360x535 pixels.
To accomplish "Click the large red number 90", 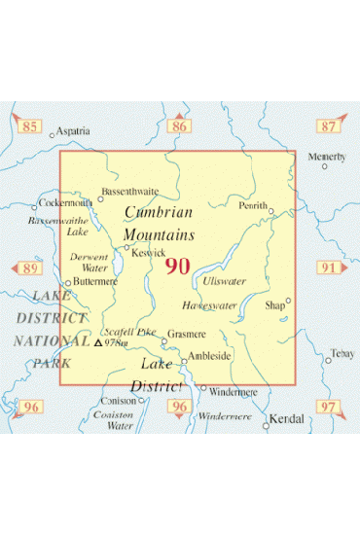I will pyautogui.click(x=177, y=266).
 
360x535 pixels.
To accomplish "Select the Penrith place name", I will pyautogui.click(x=253, y=206).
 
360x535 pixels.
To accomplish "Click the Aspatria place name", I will pyautogui.click(x=73, y=130).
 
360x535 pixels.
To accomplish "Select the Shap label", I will pyautogui.click(x=276, y=305).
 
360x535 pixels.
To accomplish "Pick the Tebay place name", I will pyautogui.click(x=342, y=353).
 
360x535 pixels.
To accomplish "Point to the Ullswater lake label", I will pyautogui.click(x=225, y=281).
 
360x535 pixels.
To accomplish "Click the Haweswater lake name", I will pyautogui.click(x=209, y=305).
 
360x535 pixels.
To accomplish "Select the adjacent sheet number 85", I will pyautogui.click(x=31, y=126).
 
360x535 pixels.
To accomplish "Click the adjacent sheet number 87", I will pyautogui.click(x=329, y=126).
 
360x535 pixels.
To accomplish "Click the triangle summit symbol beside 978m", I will pyautogui.click(x=97, y=342).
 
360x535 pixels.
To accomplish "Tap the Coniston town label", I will pyautogui.click(x=119, y=400).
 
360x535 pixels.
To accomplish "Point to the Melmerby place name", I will pyautogui.click(x=327, y=157).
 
